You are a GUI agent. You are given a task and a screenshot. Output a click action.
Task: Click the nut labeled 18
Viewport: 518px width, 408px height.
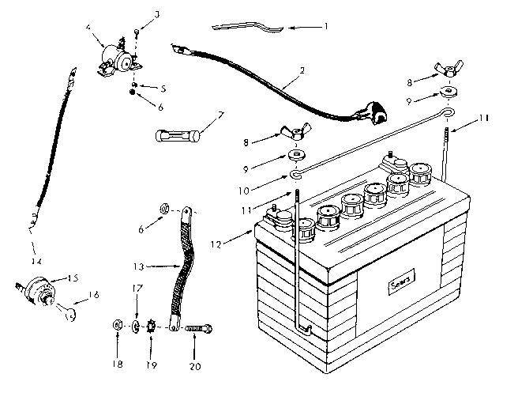[x=117, y=325]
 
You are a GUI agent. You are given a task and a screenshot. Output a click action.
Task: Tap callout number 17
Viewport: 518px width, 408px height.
[x=136, y=288]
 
